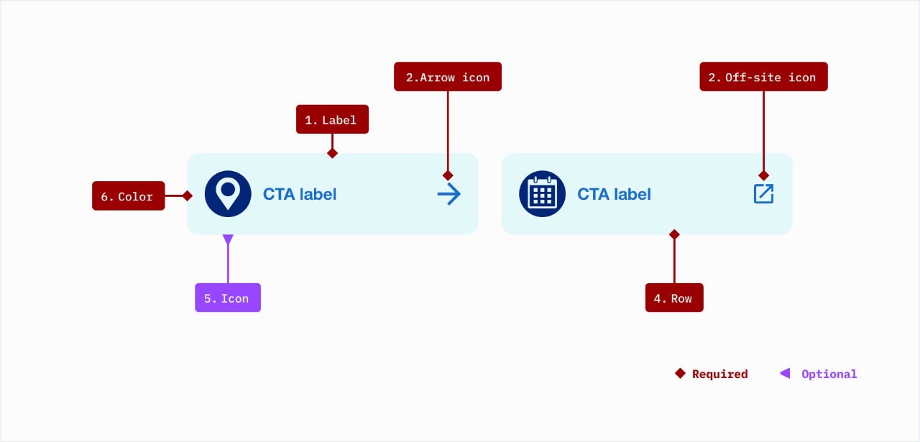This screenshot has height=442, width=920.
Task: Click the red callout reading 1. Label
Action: [x=332, y=119]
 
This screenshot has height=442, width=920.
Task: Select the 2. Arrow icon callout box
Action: [x=447, y=77]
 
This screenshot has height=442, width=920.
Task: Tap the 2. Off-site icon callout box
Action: [x=763, y=77]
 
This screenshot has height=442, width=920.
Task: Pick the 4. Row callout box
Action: [x=674, y=298]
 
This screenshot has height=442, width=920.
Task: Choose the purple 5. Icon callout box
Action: [x=227, y=298]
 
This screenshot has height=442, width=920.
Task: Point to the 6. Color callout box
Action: [x=128, y=196]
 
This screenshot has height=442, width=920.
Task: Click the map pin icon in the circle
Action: [x=228, y=193]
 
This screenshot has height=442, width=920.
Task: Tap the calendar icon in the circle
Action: [x=542, y=193]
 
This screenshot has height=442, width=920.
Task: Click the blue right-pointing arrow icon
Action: [x=449, y=194]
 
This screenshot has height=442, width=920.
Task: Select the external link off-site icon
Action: [x=763, y=193]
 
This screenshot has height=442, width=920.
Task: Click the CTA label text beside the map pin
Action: [x=300, y=194]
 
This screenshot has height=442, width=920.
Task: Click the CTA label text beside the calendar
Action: [x=614, y=194]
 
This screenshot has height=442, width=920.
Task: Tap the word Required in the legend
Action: [x=719, y=374]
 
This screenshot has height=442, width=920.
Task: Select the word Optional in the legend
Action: [x=829, y=374]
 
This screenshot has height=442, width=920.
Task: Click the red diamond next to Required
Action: [x=680, y=373]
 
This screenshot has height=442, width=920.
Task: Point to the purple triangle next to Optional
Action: [x=785, y=373]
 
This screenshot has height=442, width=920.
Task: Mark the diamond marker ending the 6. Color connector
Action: [x=188, y=195]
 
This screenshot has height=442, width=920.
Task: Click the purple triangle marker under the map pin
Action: [x=228, y=239]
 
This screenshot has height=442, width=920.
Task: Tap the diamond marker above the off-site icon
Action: [x=763, y=175]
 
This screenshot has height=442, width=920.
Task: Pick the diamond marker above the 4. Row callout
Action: [x=674, y=234]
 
